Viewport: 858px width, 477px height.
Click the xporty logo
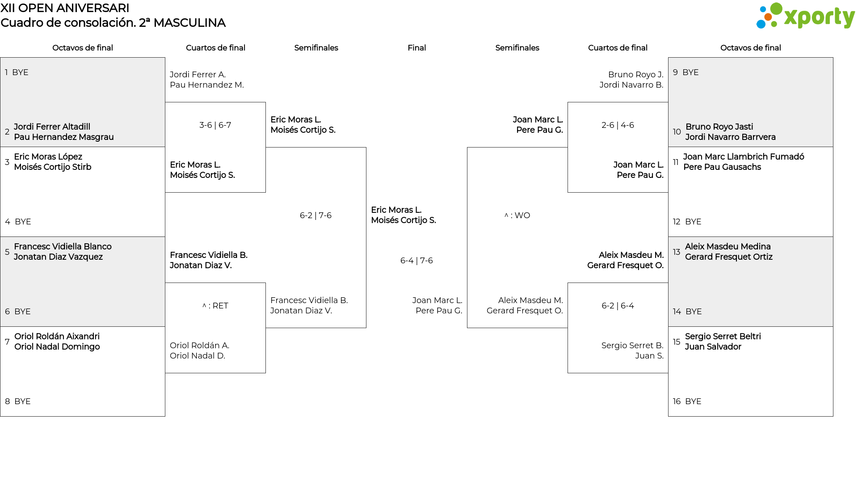point(805,16)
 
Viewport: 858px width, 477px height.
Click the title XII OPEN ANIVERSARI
point(65,8)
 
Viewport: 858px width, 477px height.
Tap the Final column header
point(416,48)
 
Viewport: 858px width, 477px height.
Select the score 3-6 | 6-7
point(215,125)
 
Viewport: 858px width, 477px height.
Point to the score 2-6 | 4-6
point(618,125)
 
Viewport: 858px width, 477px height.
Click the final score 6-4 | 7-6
point(416,261)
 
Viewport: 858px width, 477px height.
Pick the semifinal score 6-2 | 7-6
point(316,215)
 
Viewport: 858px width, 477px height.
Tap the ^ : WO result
point(517,215)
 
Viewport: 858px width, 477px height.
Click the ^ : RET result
point(215,306)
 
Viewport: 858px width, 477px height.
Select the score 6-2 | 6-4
point(618,306)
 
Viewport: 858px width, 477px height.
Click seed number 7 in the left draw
point(7,342)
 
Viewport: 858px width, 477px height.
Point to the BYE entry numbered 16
point(687,401)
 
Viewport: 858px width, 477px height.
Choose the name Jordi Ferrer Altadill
point(52,127)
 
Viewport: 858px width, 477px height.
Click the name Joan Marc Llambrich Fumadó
point(744,157)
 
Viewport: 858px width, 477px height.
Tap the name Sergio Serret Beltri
point(723,337)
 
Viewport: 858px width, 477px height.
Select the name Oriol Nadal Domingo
point(57,347)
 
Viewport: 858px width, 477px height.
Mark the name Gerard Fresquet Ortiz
point(729,257)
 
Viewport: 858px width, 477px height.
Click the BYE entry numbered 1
point(17,72)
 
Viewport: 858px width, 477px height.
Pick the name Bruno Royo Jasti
point(719,127)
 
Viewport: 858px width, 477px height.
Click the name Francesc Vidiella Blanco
point(63,247)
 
